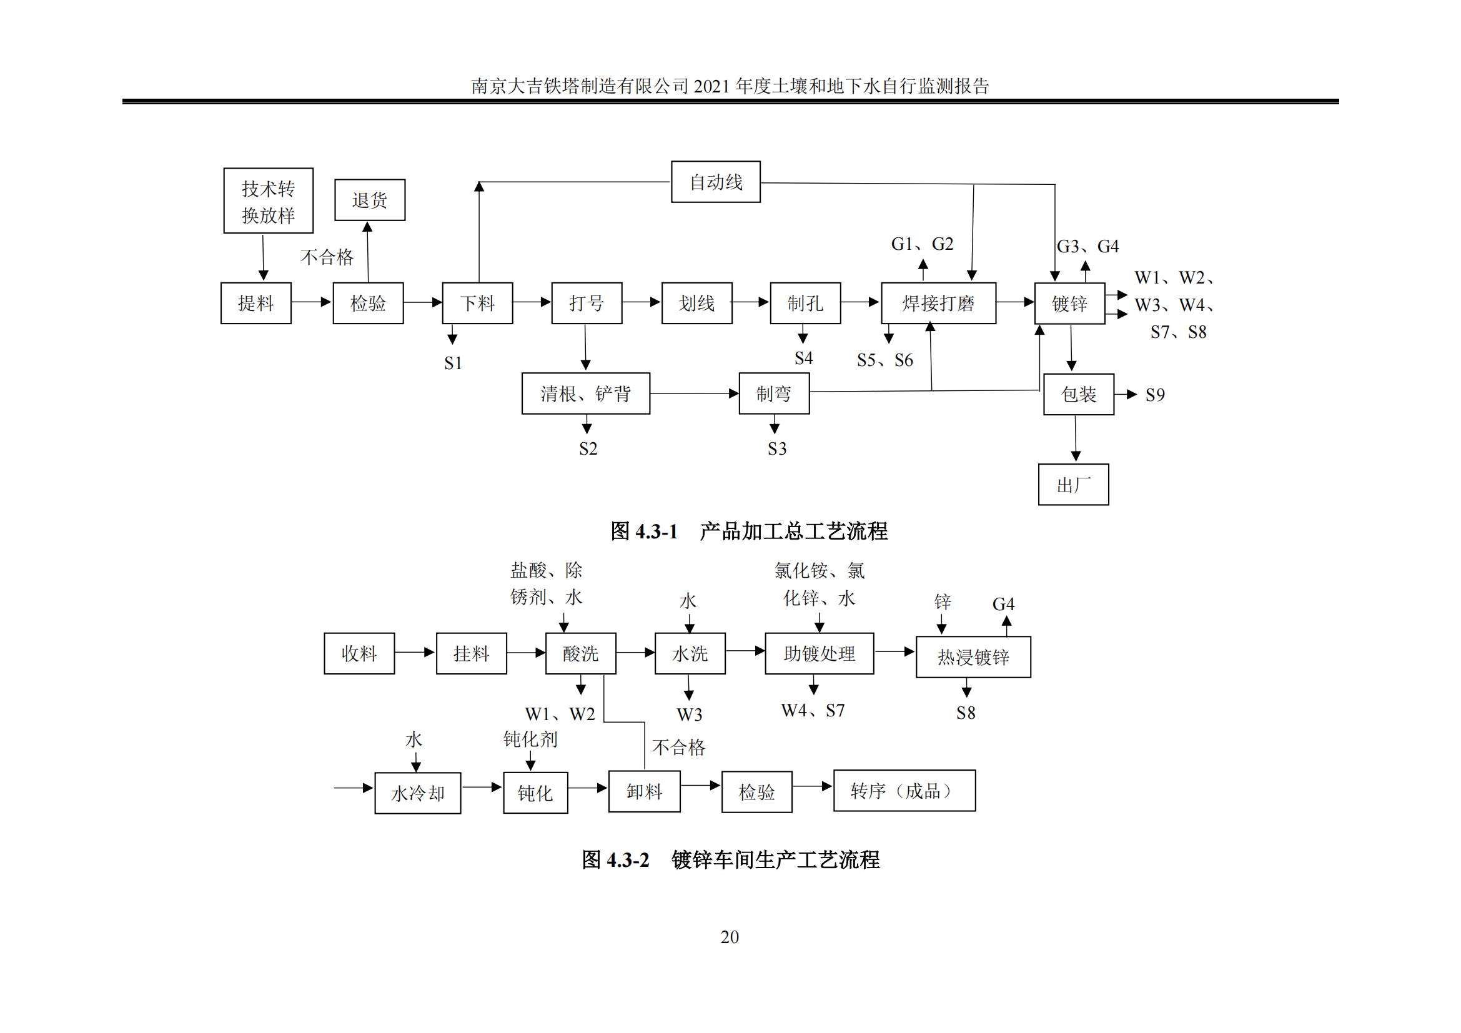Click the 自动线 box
pyautogui.click(x=715, y=182)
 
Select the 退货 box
pyautogui.click(x=370, y=200)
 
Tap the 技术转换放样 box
pyautogui.click(x=268, y=201)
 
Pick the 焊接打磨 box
pyautogui.click(x=938, y=304)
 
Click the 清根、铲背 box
pyautogui.click(x=585, y=393)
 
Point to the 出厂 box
pyautogui.click(x=1073, y=485)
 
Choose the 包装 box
pyautogui.click(x=1079, y=394)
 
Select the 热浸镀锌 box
pyautogui.click(x=973, y=656)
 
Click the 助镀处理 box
pyautogui.click(x=819, y=653)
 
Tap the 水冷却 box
pyautogui.click(x=417, y=793)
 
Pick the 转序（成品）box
pyautogui.click(x=904, y=791)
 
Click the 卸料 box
pyautogui.click(x=644, y=791)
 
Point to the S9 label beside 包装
pyautogui.click(x=1155, y=395)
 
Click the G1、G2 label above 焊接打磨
pyautogui.click(x=922, y=244)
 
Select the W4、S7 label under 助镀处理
pyautogui.click(x=813, y=710)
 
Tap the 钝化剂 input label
pyautogui.click(x=530, y=739)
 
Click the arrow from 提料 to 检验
pyautogui.click(x=312, y=302)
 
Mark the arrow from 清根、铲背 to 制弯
pyautogui.click(x=694, y=393)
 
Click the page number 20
pyautogui.click(x=730, y=937)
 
